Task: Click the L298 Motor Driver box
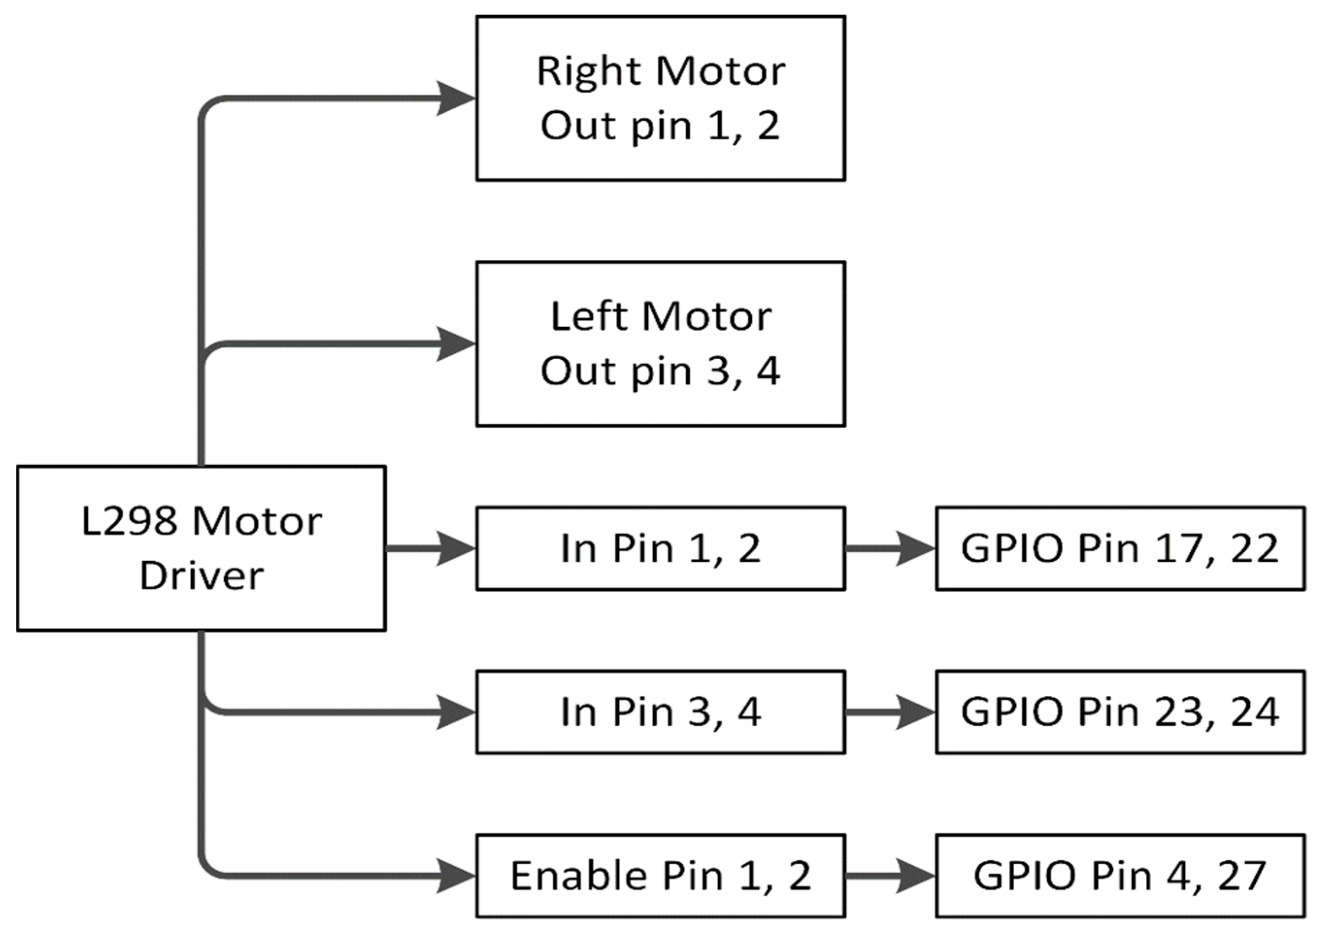201,548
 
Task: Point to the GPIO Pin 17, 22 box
1120,548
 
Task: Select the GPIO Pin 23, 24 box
1120,712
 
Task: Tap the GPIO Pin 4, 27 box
1120,875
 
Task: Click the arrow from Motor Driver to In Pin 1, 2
429,548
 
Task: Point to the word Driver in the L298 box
201,575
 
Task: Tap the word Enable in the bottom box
578,875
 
